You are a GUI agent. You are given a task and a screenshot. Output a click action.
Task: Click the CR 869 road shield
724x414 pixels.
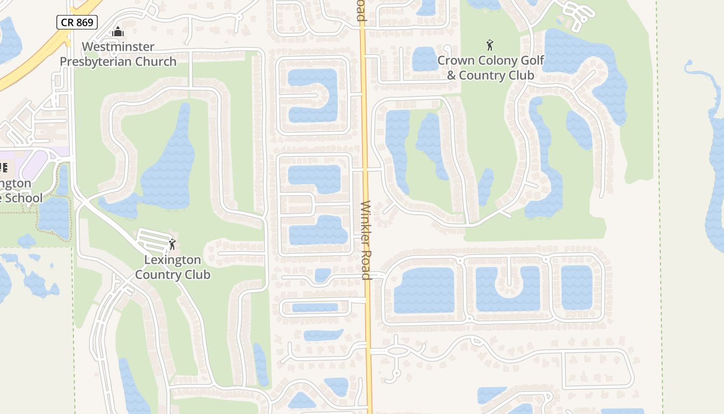pos(77,22)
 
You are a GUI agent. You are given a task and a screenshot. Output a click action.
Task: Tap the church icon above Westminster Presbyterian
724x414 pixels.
pos(118,32)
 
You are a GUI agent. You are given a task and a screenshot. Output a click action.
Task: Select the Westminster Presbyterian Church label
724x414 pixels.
pos(118,54)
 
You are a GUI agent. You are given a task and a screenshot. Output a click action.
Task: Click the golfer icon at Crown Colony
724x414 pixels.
pos(490,45)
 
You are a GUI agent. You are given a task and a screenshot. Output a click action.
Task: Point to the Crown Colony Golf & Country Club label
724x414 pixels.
pos(490,68)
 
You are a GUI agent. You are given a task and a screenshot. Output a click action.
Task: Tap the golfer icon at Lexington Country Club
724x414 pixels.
pos(172,244)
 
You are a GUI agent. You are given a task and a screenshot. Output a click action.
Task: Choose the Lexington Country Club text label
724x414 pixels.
pos(173,267)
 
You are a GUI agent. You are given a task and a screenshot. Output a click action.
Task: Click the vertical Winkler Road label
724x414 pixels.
pos(366,240)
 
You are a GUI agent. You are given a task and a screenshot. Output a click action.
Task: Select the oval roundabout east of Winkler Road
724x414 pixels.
pos(397,351)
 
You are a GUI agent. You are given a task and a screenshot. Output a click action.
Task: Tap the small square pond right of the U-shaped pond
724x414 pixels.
pos(576,287)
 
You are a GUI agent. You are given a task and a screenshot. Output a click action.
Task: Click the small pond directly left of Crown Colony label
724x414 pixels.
pos(424,58)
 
